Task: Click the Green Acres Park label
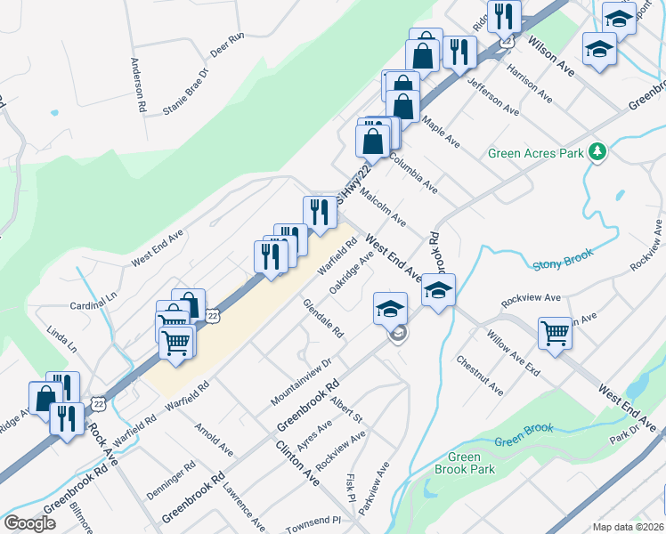pyautogui.click(x=535, y=153)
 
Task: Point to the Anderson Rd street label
pyautogui.click(x=137, y=85)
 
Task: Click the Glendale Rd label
pyautogui.click(x=323, y=318)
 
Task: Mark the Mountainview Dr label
pyautogui.click(x=301, y=381)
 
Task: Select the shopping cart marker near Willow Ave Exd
pyautogui.click(x=556, y=334)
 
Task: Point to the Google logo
pyautogui.click(x=30, y=523)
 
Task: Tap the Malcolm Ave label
pyautogui.click(x=386, y=211)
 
